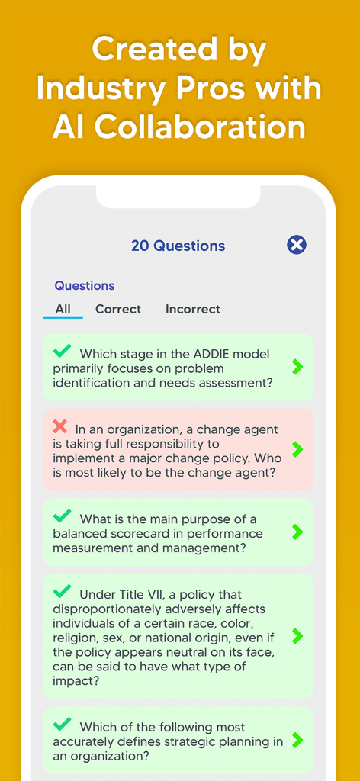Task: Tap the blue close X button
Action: [x=297, y=245]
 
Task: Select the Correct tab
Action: [x=118, y=309]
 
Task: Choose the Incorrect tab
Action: [x=193, y=309]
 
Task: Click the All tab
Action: [x=63, y=309]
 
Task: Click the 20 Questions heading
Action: [x=178, y=246]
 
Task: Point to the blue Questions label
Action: [x=84, y=285]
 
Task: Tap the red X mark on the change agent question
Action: [x=60, y=426]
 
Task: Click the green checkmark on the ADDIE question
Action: [x=63, y=351]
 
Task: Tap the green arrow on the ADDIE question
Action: [x=297, y=367]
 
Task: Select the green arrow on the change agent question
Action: [x=297, y=449]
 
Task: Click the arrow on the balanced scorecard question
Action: [x=297, y=532]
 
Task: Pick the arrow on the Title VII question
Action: [x=297, y=635]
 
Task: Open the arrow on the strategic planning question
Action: [x=297, y=740]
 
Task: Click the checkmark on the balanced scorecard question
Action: [x=63, y=516]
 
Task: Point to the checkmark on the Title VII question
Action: [x=63, y=591]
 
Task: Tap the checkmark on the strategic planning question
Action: [x=63, y=724]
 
